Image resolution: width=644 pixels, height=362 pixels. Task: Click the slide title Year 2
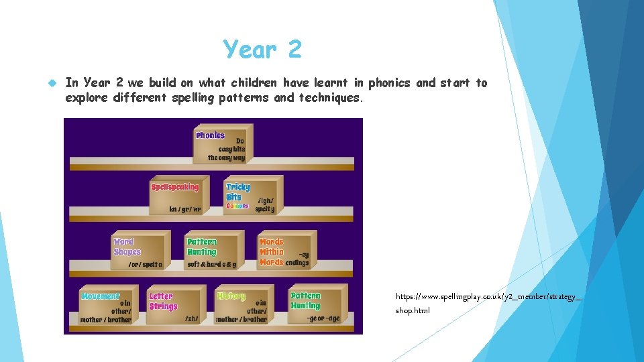263,49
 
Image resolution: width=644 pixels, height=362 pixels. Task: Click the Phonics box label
210,135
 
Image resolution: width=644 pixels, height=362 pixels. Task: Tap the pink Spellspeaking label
175,187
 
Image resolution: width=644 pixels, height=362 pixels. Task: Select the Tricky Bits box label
237,192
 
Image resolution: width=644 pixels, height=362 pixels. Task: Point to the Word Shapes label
127,247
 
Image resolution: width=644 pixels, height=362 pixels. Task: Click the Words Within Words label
272,251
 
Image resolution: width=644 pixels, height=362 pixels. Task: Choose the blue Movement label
101,296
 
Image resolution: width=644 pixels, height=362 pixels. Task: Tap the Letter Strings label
163,301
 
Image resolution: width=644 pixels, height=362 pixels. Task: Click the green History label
231,296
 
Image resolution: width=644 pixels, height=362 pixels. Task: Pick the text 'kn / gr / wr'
185,209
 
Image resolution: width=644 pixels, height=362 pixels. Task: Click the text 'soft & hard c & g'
211,264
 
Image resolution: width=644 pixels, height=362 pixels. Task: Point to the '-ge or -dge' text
325,319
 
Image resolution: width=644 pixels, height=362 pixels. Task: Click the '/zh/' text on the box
192,319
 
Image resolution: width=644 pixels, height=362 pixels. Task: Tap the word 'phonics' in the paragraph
390,83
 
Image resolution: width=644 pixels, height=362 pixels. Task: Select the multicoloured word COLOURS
237,206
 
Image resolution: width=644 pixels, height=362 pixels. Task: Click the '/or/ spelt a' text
145,264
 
